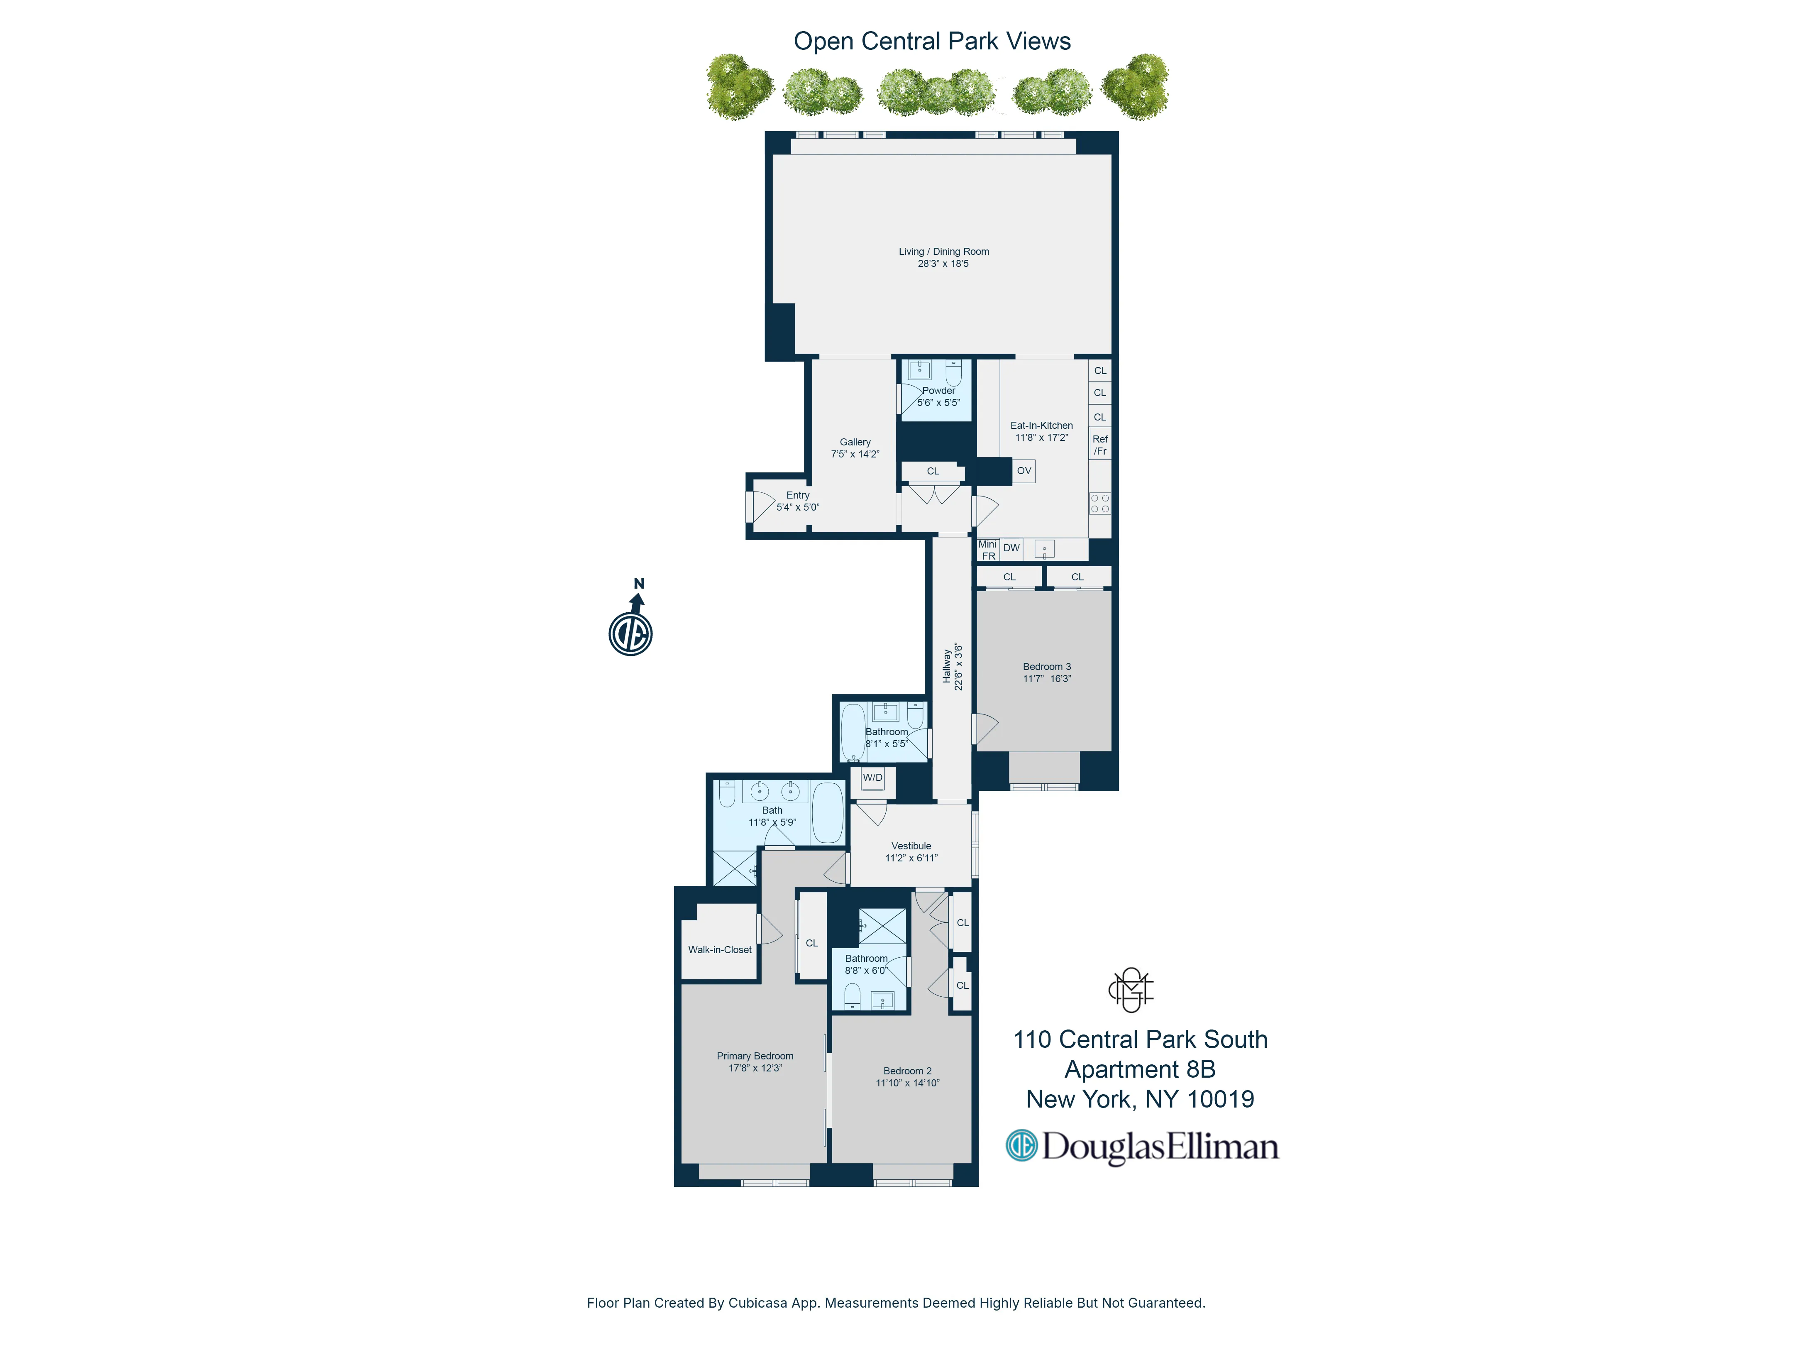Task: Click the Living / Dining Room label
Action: pyautogui.click(x=943, y=251)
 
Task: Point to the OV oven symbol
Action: pyautogui.click(x=1024, y=471)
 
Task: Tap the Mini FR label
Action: pyautogui.click(x=987, y=550)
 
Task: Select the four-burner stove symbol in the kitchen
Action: pyautogui.click(x=1100, y=504)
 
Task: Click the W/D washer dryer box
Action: pyautogui.click(x=873, y=778)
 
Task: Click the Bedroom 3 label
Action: pyautogui.click(x=1046, y=666)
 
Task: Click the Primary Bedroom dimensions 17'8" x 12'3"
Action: pyautogui.click(x=755, y=1069)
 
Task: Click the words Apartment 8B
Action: pyautogui.click(x=1140, y=1069)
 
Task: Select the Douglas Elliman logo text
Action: pyautogui.click(x=1159, y=1147)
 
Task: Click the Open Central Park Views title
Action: pyautogui.click(x=932, y=42)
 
